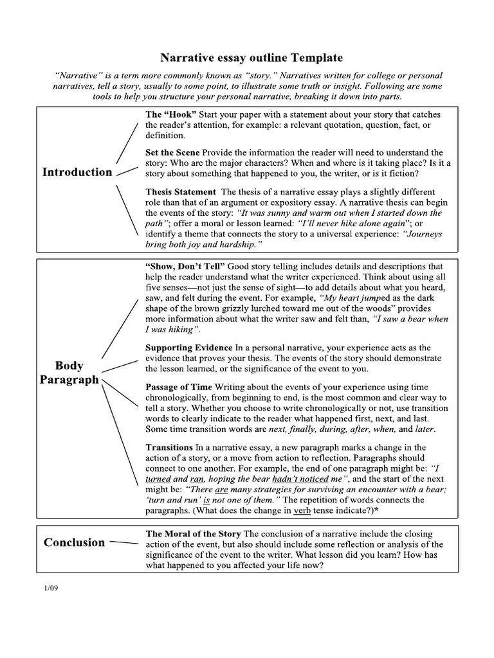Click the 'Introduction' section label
[77, 172]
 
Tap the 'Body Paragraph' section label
[69, 373]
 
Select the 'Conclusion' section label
[74, 542]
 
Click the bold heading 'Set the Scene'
[173, 153]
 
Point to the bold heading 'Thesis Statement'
[181, 191]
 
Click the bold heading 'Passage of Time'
[179, 387]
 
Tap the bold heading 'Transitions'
[170, 447]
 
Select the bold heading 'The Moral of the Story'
[193, 534]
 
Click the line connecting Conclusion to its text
[124, 542]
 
